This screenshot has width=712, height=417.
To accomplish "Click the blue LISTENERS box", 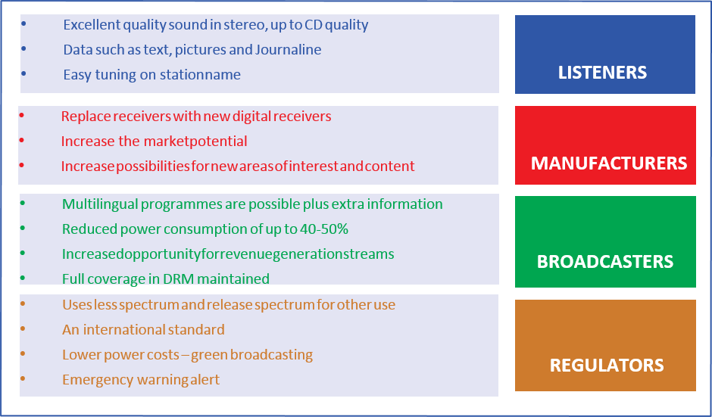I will pyautogui.click(x=604, y=54).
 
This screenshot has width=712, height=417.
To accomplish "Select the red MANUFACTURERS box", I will pyautogui.click(x=604, y=145).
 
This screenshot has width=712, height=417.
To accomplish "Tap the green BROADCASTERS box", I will pyautogui.click(x=604, y=242).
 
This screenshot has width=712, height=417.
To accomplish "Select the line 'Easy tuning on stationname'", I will pyautogui.click(x=151, y=75).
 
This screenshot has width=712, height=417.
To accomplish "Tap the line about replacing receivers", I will pyautogui.click(x=196, y=117).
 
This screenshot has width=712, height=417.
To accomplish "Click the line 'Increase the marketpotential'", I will pyautogui.click(x=154, y=142).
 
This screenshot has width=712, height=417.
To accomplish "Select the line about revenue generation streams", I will pyautogui.click(x=228, y=254).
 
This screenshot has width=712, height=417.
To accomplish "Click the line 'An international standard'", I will pyautogui.click(x=143, y=330).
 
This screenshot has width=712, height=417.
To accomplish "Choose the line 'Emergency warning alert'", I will pyautogui.click(x=141, y=380).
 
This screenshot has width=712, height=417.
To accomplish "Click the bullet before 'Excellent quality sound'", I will pyautogui.click(x=23, y=24).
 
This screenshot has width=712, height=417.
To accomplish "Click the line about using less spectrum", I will pyautogui.click(x=229, y=305).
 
